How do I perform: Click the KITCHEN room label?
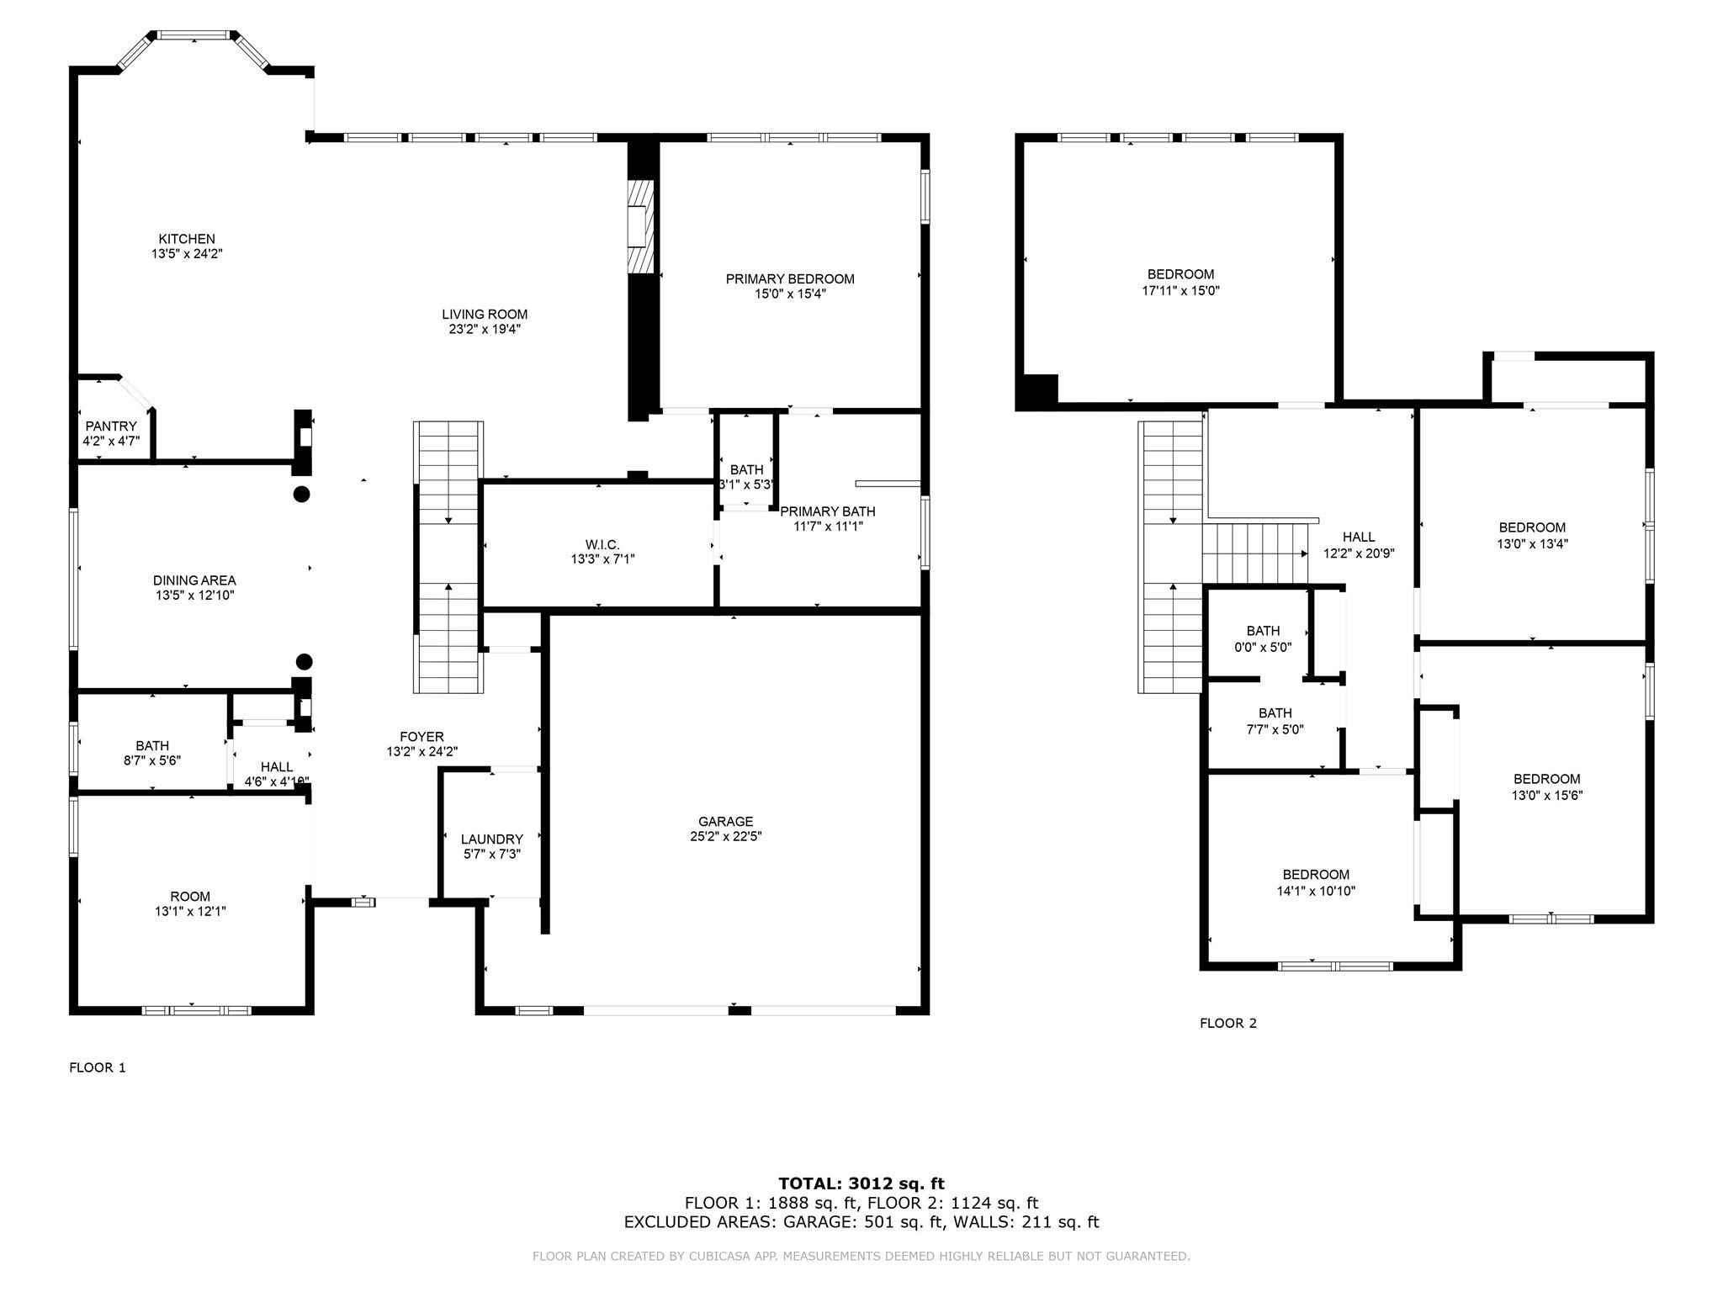(x=187, y=240)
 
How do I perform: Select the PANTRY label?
(x=110, y=426)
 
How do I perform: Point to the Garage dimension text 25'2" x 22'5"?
(x=725, y=837)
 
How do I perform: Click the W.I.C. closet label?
(x=602, y=545)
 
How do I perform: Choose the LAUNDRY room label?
(x=491, y=839)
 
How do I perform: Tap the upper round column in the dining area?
(x=301, y=495)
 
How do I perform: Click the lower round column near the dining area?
(x=305, y=662)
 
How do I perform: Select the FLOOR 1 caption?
(x=98, y=1068)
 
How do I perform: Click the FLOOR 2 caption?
(x=1227, y=1024)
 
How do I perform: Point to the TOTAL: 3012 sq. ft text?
(x=861, y=1184)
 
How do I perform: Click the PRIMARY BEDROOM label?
(x=790, y=279)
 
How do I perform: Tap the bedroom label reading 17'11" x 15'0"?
(x=1180, y=291)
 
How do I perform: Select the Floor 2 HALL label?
(x=1359, y=537)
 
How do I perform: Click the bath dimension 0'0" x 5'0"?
(x=1263, y=648)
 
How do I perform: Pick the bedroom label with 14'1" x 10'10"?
(x=1316, y=892)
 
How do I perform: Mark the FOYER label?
(x=421, y=737)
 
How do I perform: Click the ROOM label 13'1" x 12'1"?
(x=190, y=897)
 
